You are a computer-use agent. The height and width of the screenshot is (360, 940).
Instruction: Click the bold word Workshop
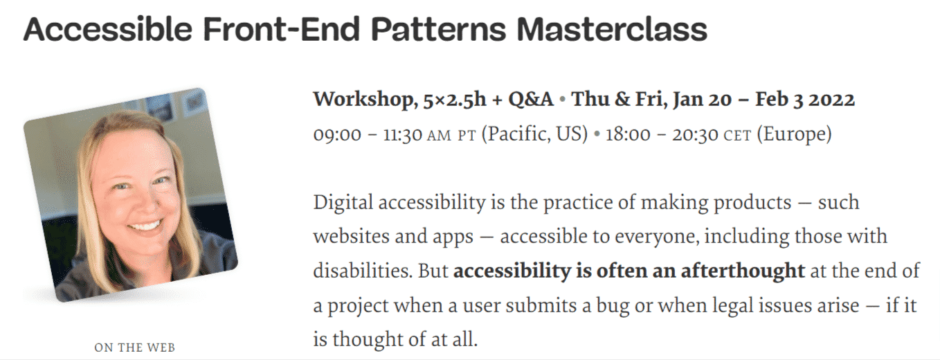[x=362, y=100]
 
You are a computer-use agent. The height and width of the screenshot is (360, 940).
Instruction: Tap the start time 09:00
[x=337, y=134]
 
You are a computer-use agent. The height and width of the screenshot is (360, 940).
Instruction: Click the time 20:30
[x=693, y=134]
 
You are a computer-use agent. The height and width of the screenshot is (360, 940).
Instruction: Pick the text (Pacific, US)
[x=535, y=134]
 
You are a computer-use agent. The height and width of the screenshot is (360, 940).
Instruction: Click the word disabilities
[x=362, y=271]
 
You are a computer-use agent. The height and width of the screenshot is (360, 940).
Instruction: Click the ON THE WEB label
[x=135, y=348]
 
